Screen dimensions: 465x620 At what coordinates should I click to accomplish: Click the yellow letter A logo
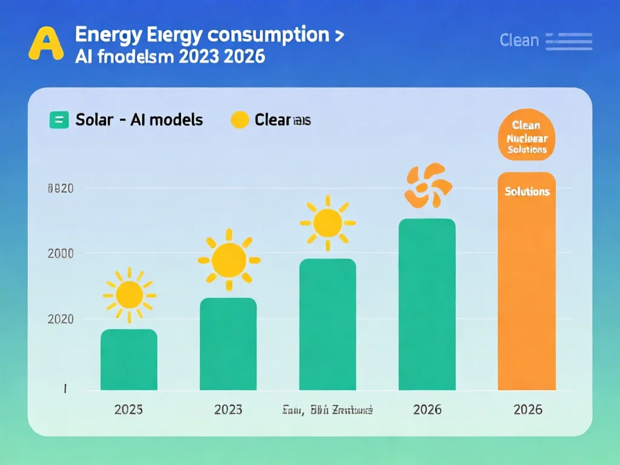click(x=46, y=44)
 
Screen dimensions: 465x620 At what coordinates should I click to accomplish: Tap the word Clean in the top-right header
click(x=519, y=41)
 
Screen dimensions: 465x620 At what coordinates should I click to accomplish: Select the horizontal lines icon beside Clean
click(x=569, y=41)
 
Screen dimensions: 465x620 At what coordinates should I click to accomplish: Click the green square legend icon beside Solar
click(x=59, y=120)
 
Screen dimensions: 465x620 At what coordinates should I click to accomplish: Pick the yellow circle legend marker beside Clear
click(x=240, y=120)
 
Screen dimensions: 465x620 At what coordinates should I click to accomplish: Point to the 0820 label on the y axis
click(x=60, y=188)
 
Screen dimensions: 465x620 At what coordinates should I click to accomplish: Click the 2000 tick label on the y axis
click(x=60, y=253)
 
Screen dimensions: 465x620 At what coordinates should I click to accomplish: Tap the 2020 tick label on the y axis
click(x=60, y=319)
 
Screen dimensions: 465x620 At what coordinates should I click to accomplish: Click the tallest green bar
click(x=427, y=305)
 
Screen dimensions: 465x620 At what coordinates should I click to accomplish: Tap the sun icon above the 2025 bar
click(x=129, y=295)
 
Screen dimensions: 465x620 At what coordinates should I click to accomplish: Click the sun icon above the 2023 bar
click(x=229, y=260)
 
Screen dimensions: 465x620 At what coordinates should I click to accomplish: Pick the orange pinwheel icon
click(x=428, y=185)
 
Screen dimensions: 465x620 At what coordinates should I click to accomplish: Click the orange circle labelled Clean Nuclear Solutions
click(x=527, y=135)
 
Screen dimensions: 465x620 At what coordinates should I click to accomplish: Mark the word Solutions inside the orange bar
click(x=527, y=191)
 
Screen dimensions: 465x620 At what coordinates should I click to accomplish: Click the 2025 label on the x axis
click(x=128, y=410)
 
